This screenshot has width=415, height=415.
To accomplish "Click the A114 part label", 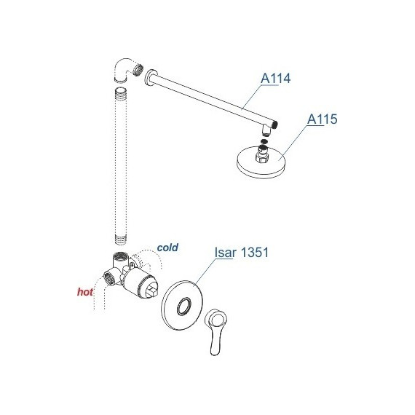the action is pyautogui.click(x=275, y=79).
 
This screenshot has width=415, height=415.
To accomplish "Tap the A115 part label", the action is pyautogui.click(x=322, y=119).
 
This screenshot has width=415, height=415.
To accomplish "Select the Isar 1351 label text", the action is pyautogui.click(x=242, y=252).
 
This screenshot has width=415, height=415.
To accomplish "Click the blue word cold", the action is pyautogui.click(x=167, y=248).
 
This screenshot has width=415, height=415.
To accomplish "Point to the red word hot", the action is pyautogui.click(x=85, y=292).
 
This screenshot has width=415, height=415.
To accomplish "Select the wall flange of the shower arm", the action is pyautogui.click(x=151, y=78).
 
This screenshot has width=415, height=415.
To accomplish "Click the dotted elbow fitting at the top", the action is pyautogui.click(x=123, y=69).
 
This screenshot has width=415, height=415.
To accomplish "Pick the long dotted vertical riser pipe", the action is pyautogui.click(x=121, y=166).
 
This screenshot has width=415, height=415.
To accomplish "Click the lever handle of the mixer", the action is pyautogui.click(x=216, y=331).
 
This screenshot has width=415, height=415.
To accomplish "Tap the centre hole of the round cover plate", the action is pyautogui.click(x=183, y=307).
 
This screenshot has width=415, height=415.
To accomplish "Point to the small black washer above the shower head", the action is pyautogui.click(x=264, y=141).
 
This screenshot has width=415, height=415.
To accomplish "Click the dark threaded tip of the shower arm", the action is pyautogui.click(x=275, y=125).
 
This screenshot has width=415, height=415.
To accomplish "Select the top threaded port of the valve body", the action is pyautogui.click(x=120, y=256).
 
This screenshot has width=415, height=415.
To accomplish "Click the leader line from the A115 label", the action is pyautogui.click(x=293, y=143).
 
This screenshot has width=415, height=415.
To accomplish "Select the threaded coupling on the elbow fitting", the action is pyautogui.click(x=138, y=69).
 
